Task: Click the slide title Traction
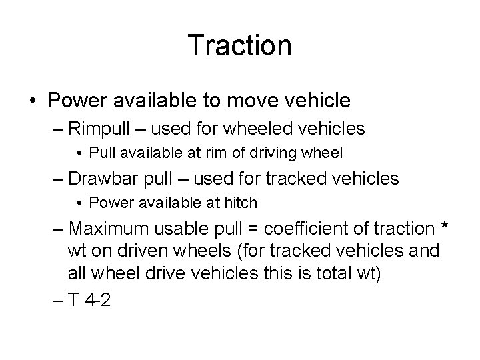click(240, 45)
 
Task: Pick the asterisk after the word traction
click(445, 227)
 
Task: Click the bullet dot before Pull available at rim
click(80, 153)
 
